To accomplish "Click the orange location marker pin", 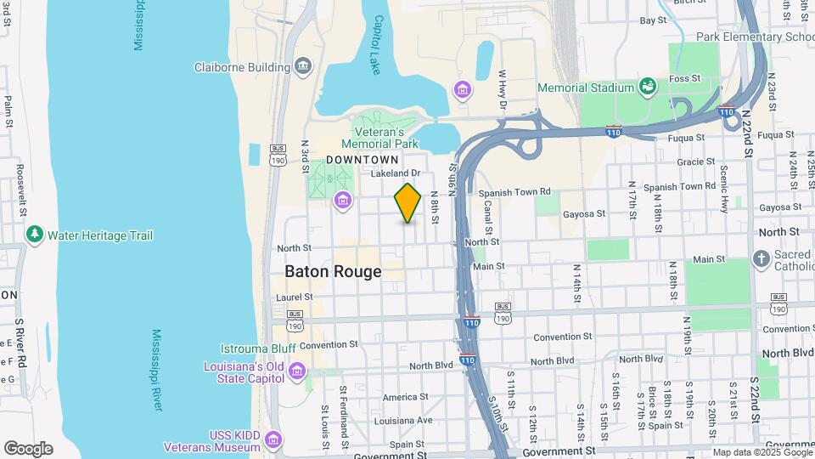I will pyautogui.click(x=407, y=203).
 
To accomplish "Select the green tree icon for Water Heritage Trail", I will pyautogui.click(x=35, y=234).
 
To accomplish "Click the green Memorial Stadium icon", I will pyautogui.click(x=647, y=87).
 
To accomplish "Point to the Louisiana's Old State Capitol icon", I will pyautogui.click(x=296, y=371).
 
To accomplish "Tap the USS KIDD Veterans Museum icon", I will pyautogui.click(x=273, y=439).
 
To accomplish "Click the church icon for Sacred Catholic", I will pyautogui.click(x=762, y=258).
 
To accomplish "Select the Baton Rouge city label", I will pyautogui.click(x=332, y=272).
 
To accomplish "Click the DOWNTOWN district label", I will pyautogui.click(x=363, y=160).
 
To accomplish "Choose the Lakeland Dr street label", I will pyautogui.click(x=396, y=173).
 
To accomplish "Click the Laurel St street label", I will pyautogui.click(x=295, y=297).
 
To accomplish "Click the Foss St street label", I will pyautogui.click(x=707, y=78).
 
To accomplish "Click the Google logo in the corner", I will pyautogui.click(x=28, y=449).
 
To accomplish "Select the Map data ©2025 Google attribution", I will pyautogui.click(x=762, y=452).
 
